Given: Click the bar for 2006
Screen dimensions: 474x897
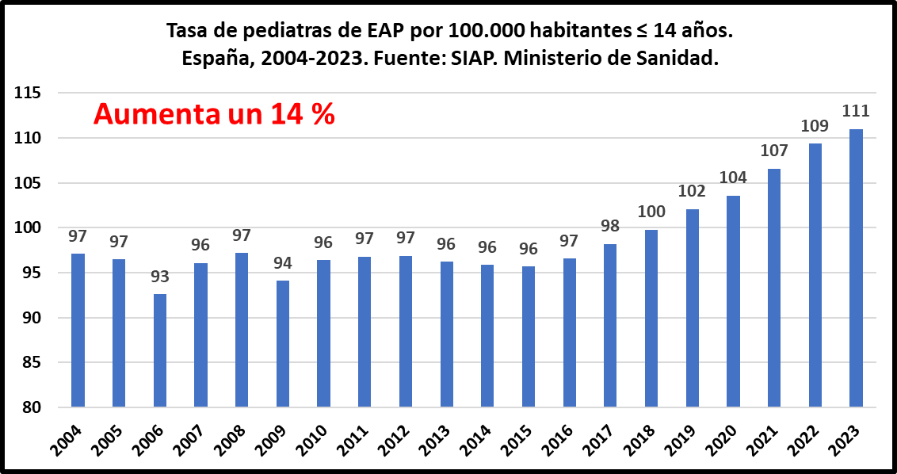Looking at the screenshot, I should pos(160,350).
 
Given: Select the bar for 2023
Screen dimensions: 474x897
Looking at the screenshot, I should pos(856,268).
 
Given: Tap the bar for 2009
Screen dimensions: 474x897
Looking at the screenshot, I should pos(283,343).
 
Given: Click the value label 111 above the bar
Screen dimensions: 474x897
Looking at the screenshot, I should pos(856,111).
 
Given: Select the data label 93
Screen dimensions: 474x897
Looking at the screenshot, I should pos(160,277).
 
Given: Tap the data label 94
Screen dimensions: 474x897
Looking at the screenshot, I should pos(283,263).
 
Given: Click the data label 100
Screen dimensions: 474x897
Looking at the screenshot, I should pos(651,212).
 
